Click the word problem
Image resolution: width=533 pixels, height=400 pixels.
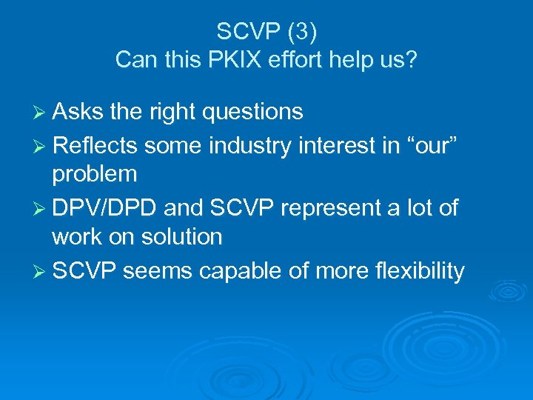[94, 175]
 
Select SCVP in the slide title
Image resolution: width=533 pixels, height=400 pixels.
[244, 31]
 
